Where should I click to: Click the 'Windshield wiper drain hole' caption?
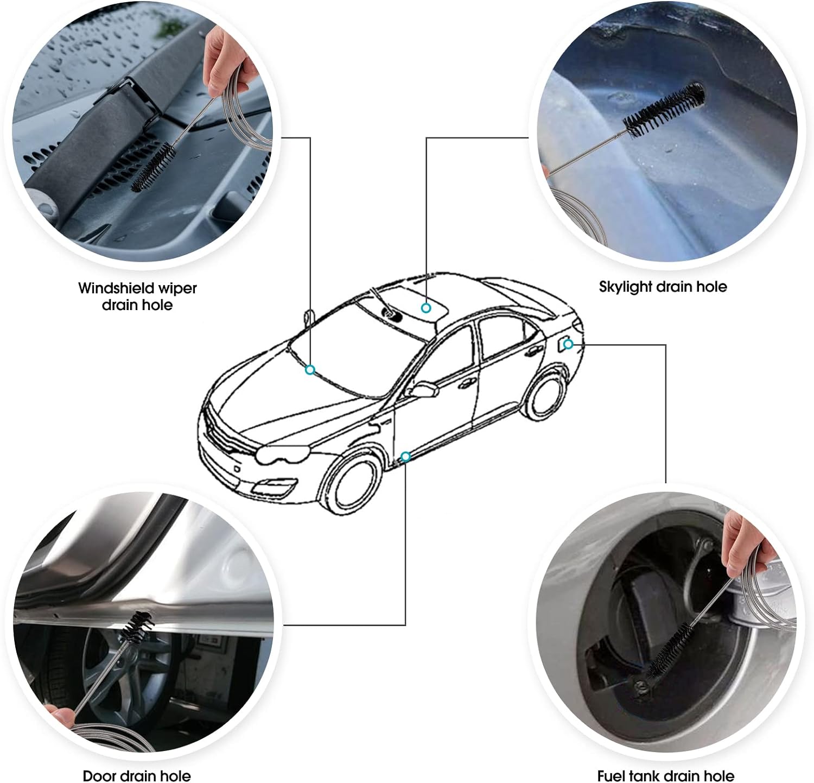point(137,296)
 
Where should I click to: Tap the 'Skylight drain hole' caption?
point(663,287)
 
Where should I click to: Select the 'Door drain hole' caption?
point(137,775)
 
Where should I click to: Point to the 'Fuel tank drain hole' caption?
point(666,775)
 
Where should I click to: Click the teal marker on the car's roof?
point(426,308)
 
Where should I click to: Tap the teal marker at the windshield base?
point(310,370)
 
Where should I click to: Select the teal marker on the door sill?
point(405,456)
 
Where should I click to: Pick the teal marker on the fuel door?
point(568,344)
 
